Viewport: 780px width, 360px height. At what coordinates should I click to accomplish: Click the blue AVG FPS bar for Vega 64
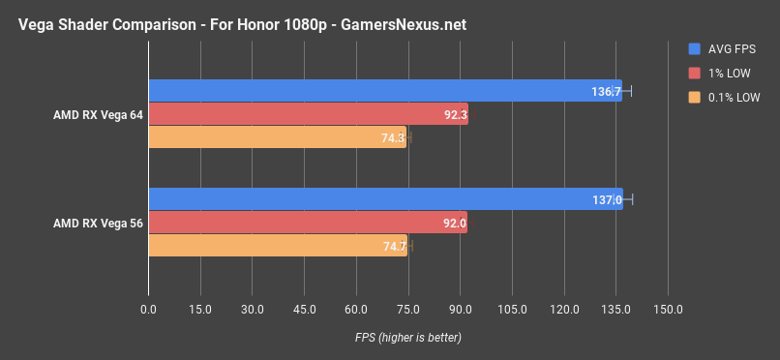coord(385,91)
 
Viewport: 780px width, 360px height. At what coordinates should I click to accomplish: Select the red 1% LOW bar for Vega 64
coord(308,114)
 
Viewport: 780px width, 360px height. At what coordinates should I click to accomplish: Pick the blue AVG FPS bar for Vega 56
coord(385,199)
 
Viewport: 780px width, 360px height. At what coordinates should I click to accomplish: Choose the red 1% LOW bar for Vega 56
coord(308,223)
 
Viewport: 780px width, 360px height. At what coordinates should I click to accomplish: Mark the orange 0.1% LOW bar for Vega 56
coord(278,246)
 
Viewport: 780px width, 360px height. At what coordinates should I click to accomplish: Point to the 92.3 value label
coord(456,115)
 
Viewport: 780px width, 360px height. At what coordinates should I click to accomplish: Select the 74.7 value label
coord(395,247)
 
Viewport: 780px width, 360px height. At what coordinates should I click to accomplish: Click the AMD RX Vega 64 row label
coord(98,114)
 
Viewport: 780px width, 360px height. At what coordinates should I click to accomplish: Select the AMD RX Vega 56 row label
coord(98,223)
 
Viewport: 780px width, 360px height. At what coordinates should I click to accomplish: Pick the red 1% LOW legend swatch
coord(694,73)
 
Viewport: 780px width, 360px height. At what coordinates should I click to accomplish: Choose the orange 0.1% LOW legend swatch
coord(694,97)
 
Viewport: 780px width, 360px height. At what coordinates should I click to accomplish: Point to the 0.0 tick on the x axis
coord(148,310)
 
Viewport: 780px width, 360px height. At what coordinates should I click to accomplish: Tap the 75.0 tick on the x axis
coord(408,310)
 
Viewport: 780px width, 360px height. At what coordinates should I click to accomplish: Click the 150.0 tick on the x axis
coord(668,310)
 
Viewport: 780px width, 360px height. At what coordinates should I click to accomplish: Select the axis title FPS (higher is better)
coord(407,338)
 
